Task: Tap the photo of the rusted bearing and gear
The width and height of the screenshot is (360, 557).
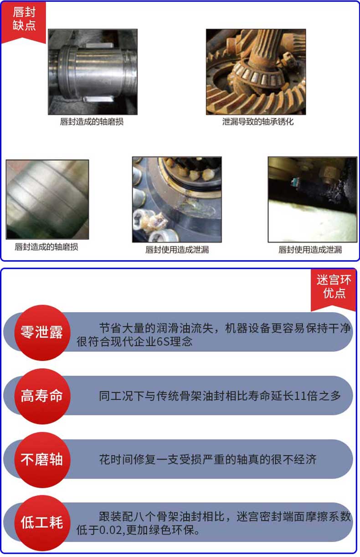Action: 256,72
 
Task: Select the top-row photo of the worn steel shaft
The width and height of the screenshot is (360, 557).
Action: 93,72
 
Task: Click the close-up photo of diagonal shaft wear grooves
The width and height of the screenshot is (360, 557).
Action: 47,199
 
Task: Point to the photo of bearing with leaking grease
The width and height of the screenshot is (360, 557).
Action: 177,199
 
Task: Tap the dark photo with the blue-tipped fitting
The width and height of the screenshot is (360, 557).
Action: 312,199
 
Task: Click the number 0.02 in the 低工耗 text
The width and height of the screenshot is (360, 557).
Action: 108,531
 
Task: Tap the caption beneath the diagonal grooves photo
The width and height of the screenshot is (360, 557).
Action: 46,247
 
